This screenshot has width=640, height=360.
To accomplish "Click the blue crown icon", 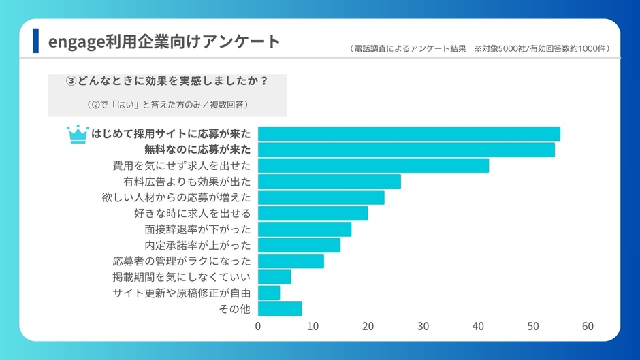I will (78, 134).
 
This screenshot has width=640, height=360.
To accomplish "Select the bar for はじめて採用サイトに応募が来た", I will (409, 134).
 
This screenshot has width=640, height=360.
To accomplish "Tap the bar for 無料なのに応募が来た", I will (406, 150).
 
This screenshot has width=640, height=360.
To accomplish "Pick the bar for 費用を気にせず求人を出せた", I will (373, 165).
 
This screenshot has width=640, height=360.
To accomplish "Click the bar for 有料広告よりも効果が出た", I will (329, 182).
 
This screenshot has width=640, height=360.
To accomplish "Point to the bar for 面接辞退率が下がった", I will (304, 229).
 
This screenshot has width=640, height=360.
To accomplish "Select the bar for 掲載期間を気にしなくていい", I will (274, 277).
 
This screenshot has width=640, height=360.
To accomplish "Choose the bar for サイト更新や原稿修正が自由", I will (269, 293).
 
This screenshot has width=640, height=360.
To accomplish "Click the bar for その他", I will (280, 309).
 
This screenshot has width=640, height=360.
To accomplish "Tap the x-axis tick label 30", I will (423, 326).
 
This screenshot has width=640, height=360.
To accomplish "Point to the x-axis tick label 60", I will (588, 326).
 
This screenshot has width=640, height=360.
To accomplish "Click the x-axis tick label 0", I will (258, 326).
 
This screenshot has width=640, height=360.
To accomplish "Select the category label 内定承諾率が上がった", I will (197, 245).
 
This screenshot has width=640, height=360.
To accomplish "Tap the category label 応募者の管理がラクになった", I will (182, 261).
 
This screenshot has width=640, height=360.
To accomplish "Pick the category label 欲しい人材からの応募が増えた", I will (176, 197).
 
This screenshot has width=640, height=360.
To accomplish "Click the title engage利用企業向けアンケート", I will (164, 42).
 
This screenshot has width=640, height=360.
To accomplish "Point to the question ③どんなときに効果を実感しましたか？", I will (166, 81).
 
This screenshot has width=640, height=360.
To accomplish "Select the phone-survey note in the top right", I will (479, 48).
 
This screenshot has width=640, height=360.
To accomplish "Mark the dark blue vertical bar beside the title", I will (35, 41).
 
